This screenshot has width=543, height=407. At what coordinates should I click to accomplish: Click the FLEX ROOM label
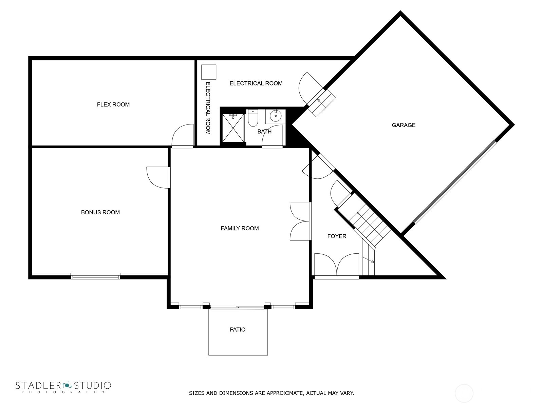113,104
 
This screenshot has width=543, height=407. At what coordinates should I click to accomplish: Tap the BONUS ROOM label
100,212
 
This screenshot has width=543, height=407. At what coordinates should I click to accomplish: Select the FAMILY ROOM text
240,228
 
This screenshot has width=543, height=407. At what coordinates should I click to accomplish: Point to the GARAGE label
404,125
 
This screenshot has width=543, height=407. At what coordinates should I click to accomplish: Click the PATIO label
238,329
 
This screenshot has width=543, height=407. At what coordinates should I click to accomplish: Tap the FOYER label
337,236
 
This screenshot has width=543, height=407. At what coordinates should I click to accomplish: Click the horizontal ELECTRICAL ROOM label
256,83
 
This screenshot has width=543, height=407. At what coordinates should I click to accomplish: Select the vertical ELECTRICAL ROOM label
208,108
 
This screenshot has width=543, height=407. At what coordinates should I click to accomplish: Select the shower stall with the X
233,128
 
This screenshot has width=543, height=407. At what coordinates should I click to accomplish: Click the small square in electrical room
209,72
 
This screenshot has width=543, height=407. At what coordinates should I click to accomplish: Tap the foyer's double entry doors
337,265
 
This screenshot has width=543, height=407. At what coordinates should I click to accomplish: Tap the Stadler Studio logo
63,387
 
